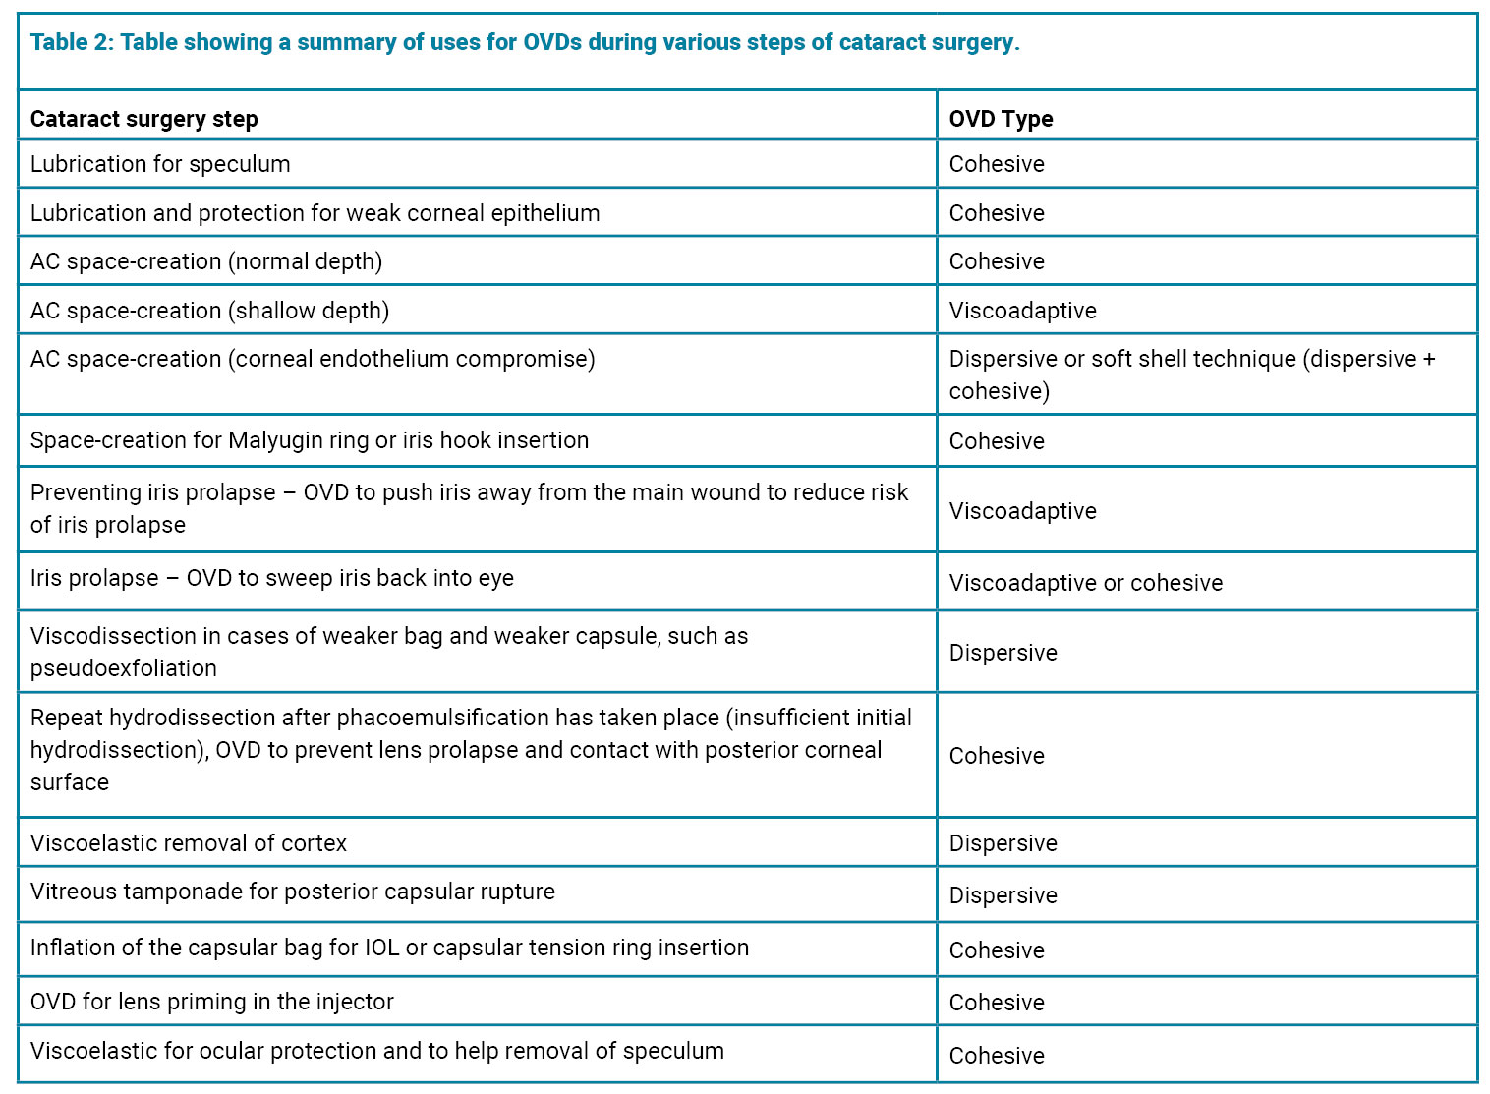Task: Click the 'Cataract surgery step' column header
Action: pos(143,119)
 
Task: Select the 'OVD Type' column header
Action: pos(1001,119)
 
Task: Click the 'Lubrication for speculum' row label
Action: pos(160,164)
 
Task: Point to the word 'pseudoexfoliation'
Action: pos(124,668)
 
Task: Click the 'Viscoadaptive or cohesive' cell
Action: pos(1085,583)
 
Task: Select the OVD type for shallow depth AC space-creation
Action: pos(1022,311)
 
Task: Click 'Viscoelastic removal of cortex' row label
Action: pos(189,843)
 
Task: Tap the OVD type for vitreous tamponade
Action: pos(1003,895)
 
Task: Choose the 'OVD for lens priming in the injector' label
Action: pos(212,1002)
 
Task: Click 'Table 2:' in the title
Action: pos(71,42)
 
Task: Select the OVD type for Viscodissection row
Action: pos(1003,653)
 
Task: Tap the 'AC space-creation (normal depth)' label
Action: pos(206,261)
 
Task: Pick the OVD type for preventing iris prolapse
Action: pos(1022,511)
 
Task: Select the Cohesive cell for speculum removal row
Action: pos(997,1056)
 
